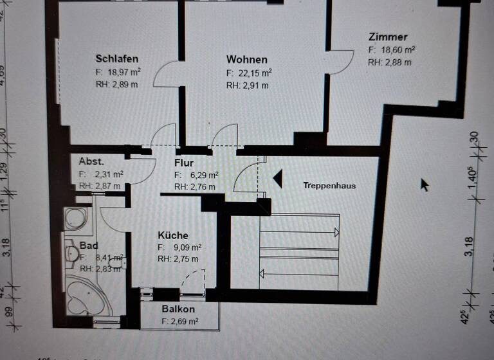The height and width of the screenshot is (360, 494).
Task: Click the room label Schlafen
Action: click(117, 59)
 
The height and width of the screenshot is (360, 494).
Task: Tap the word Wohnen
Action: click(247, 60)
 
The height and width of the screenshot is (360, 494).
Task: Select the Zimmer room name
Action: click(388, 37)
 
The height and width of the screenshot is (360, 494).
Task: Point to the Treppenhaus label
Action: click(329, 186)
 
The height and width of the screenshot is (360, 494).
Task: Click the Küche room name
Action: click(173, 235)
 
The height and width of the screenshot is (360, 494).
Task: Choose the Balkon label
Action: click(178, 309)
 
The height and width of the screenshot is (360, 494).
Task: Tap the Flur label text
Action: click(184, 163)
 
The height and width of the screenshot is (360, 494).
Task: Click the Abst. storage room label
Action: click(91, 161)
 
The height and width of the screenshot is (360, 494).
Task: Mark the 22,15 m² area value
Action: click(253, 73)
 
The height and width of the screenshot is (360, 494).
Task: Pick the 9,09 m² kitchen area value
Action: click(184, 248)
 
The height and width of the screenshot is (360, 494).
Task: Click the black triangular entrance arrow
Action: click(277, 178)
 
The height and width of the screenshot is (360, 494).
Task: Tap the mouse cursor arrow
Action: click(425, 184)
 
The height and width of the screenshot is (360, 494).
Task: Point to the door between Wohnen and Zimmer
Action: click(339, 62)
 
